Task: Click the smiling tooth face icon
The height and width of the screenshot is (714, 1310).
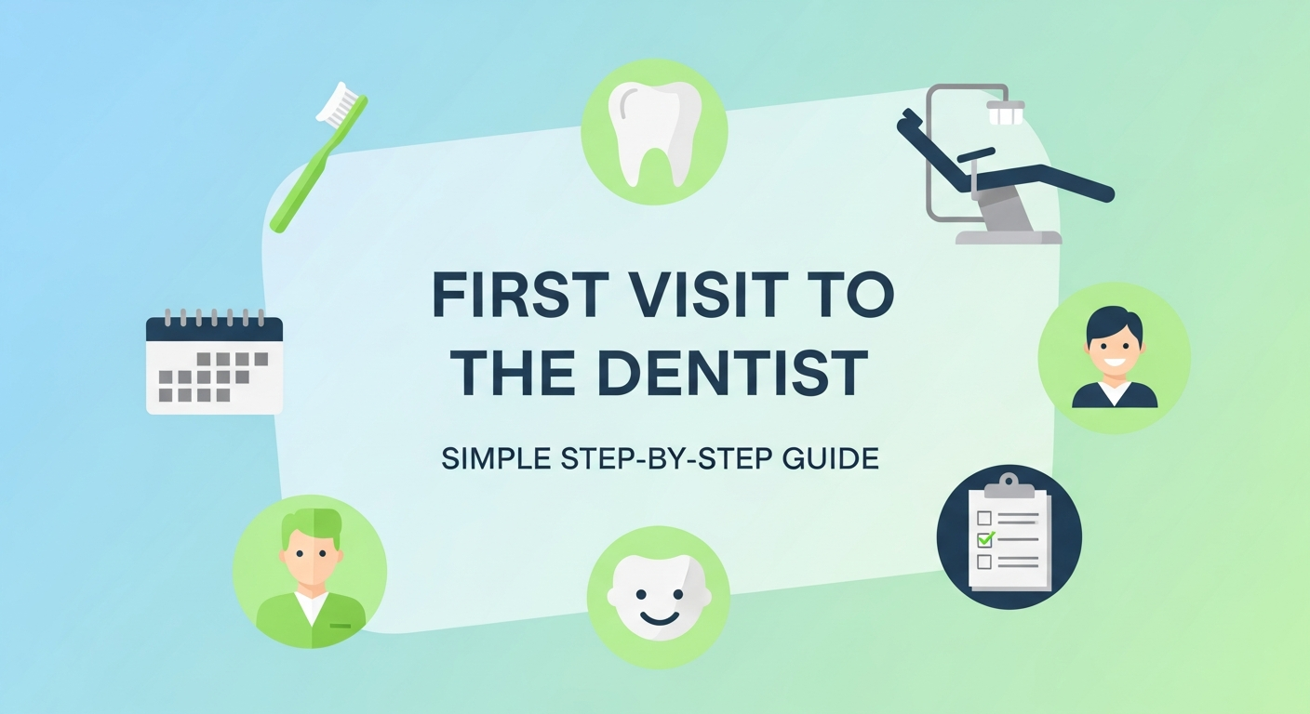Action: (658, 596)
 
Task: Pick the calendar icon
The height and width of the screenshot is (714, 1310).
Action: (214, 363)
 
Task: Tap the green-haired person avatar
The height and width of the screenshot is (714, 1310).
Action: (310, 571)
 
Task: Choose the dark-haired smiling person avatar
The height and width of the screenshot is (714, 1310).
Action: (1114, 358)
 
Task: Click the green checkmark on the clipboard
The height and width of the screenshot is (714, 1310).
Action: (985, 538)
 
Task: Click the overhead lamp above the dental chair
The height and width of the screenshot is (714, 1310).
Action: (1004, 113)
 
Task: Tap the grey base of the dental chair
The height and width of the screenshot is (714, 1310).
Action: (1009, 232)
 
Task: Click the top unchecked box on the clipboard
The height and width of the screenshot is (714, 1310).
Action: (983, 517)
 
